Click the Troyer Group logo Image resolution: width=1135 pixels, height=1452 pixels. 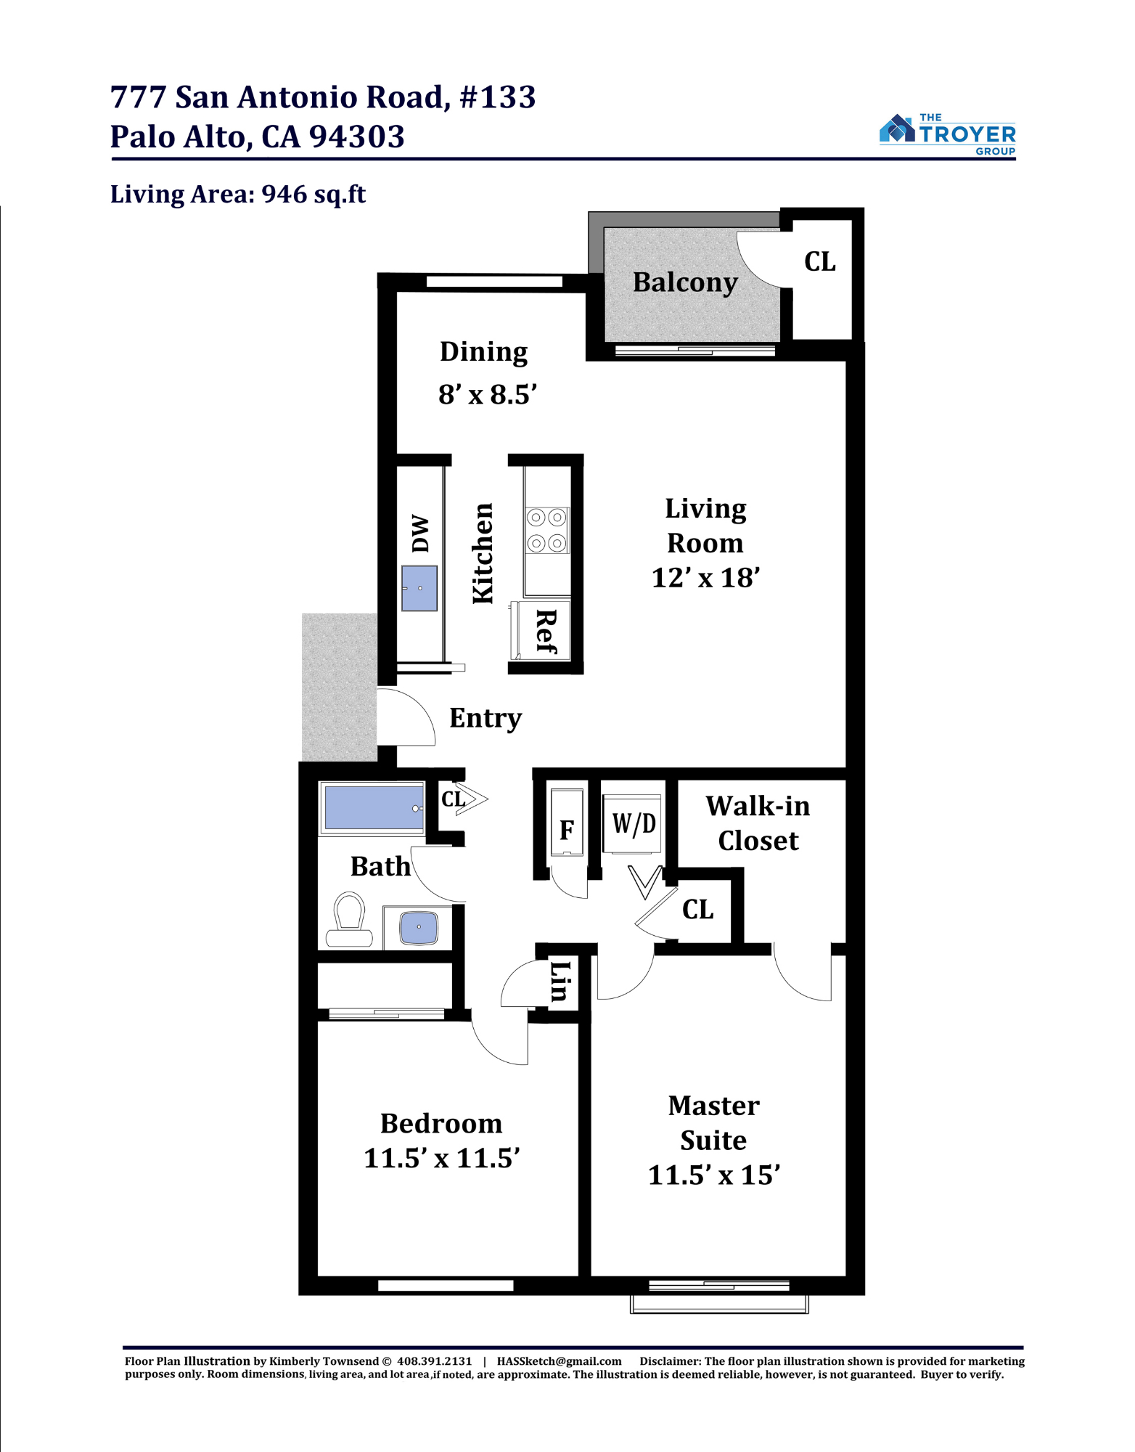point(947,134)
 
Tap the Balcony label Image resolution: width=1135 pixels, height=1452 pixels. point(685,282)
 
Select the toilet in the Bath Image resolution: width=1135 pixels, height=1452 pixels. point(349,920)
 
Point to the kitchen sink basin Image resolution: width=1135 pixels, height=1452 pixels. point(419,588)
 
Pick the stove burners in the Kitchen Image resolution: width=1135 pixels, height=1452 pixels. point(547,531)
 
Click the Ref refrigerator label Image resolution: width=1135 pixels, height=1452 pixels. point(546,632)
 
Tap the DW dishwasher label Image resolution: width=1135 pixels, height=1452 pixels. point(420,534)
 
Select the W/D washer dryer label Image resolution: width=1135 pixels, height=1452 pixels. point(634,823)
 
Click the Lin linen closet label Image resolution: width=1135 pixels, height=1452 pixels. point(560,981)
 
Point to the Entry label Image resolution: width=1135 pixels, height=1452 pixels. point(485,719)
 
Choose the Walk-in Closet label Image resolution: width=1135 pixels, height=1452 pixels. point(758,823)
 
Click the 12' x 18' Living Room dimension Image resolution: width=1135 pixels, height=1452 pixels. point(705,578)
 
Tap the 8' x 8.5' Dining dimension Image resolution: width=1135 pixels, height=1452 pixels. point(488,394)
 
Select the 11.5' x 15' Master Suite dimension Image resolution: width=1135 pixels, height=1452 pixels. point(714,1175)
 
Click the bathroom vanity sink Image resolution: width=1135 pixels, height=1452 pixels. point(419,927)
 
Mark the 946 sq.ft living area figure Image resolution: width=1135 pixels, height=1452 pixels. point(314,195)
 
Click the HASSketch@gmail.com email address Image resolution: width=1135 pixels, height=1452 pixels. point(560,1361)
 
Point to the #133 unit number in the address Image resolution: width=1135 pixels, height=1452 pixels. point(498,97)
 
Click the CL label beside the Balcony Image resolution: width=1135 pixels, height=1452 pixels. point(820,262)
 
